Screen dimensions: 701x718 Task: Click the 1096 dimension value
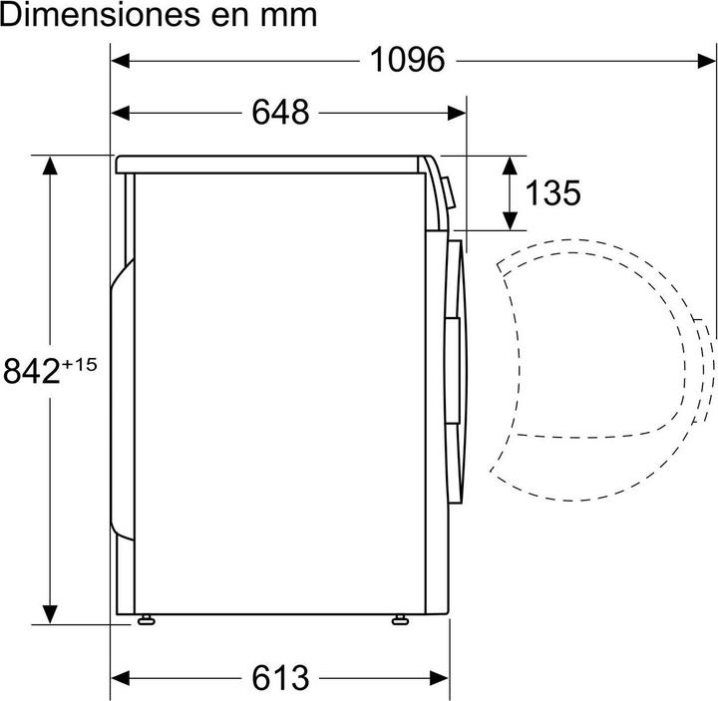pyautogui.click(x=407, y=60)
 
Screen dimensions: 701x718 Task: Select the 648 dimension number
pyautogui.click(x=280, y=113)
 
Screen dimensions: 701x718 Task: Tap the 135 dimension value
pyautogui.click(x=552, y=192)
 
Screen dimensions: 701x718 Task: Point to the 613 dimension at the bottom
pyautogui.click(x=280, y=678)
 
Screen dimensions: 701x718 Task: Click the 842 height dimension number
pyautogui.click(x=32, y=371)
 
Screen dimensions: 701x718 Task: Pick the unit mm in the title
pyautogui.click(x=292, y=17)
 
